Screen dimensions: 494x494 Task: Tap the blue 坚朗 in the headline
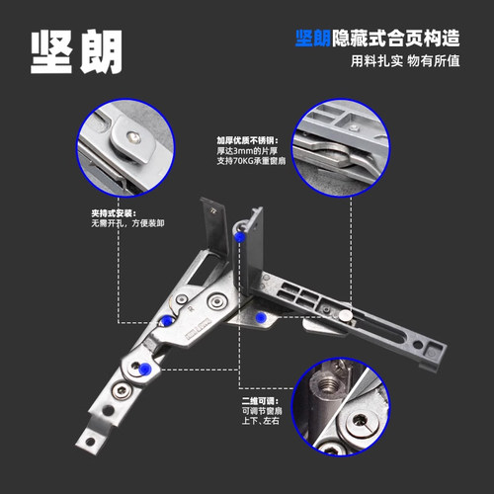(313, 38)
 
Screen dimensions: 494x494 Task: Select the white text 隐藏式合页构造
(395, 38)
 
